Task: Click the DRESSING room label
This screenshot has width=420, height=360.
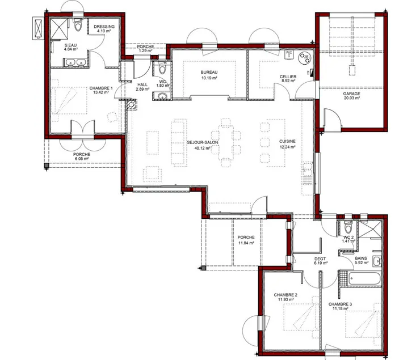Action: click(104, 27)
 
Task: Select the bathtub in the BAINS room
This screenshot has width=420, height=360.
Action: click(365, 279)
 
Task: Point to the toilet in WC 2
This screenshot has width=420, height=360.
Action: click(348, 227)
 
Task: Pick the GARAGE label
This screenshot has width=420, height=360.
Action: click(352, 94)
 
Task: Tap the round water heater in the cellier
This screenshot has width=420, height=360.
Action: click(305, 58)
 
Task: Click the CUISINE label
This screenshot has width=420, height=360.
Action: click(287, 141)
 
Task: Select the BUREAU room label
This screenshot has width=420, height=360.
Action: click(209, 72)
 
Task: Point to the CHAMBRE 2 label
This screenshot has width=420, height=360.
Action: click(285, 295)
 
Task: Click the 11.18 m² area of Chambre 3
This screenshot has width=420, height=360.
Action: click(340, 308)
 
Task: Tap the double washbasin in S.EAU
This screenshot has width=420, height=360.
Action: click(75, 62)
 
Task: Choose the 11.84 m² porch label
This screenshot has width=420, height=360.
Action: click(246, 243)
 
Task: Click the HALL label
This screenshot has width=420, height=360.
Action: click(142, 84)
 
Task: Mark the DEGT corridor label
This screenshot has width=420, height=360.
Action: click(320, 259)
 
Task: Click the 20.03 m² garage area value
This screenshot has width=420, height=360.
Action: click(352, 98)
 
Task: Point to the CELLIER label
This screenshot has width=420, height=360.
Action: click(288, 77)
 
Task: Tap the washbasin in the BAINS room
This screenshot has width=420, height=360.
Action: click(377, 261)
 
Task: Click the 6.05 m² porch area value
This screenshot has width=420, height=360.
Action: click(82, 159)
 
